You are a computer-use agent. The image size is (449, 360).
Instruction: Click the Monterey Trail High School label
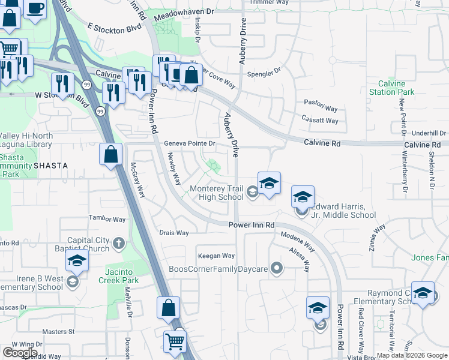(x=217, y=193)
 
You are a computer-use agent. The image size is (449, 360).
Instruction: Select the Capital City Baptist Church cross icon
(x=119, y=243)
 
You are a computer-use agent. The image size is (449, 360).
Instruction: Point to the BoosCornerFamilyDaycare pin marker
(x=276, y=268)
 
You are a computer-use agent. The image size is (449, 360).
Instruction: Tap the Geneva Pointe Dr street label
(x=190, y=143)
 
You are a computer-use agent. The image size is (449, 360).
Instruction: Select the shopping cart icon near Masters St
(x=175, y=341)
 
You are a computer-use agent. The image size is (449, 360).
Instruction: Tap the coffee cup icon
(x=35, y=8)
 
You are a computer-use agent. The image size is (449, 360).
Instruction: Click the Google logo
(x=20, y=353)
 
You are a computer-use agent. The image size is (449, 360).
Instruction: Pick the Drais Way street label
(x=174, y=233)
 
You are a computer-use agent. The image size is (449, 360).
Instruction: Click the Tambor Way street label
(x=106, y=218)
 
